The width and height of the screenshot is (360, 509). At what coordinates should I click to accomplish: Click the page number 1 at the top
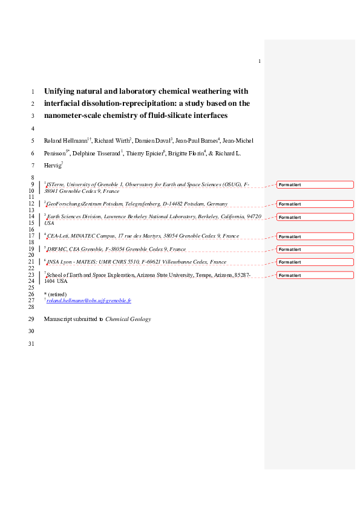(259, 61)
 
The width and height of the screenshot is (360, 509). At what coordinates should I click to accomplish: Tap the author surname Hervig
(52, 165)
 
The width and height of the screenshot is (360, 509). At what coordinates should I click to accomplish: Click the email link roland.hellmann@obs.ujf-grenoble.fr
(89, 300)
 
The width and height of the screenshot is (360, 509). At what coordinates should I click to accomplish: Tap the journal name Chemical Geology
(128, 319)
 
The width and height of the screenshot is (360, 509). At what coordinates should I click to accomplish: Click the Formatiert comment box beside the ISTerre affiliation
(315, 184)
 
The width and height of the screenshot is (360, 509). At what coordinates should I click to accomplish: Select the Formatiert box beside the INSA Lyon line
(315, 262)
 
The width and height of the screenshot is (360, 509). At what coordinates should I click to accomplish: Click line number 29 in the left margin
(31, 319)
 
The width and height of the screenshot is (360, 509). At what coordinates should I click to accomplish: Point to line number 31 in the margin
(31, 344)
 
